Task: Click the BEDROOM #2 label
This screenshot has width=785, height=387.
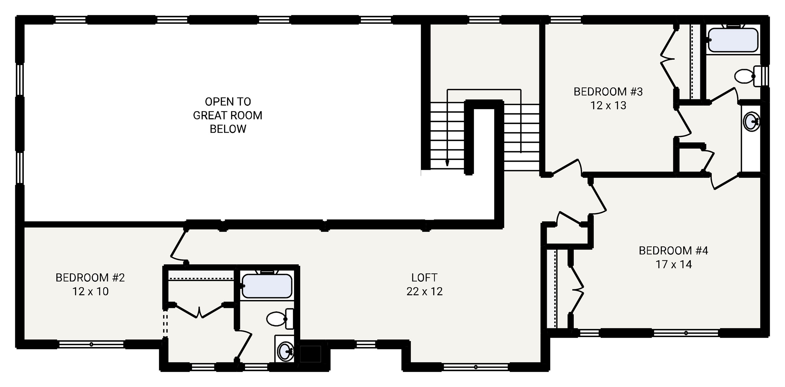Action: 90,278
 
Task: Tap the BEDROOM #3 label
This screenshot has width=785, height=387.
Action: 608,92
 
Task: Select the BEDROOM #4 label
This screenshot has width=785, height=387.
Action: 673,251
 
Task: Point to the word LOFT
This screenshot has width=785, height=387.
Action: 424,278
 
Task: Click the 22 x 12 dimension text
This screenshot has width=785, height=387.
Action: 425,291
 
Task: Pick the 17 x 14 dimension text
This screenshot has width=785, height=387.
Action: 674,264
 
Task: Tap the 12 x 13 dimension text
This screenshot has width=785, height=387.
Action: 608,105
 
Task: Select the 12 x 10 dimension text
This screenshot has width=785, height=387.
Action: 90,291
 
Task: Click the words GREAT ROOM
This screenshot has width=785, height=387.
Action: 228,116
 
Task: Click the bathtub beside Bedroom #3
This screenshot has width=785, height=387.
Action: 733,40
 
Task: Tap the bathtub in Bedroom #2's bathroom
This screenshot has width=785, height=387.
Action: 267,286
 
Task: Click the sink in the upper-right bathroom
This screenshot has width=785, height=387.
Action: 752,121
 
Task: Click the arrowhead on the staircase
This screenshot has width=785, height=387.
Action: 447,163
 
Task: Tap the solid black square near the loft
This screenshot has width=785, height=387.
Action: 310,354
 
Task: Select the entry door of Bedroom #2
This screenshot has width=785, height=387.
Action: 179,246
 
